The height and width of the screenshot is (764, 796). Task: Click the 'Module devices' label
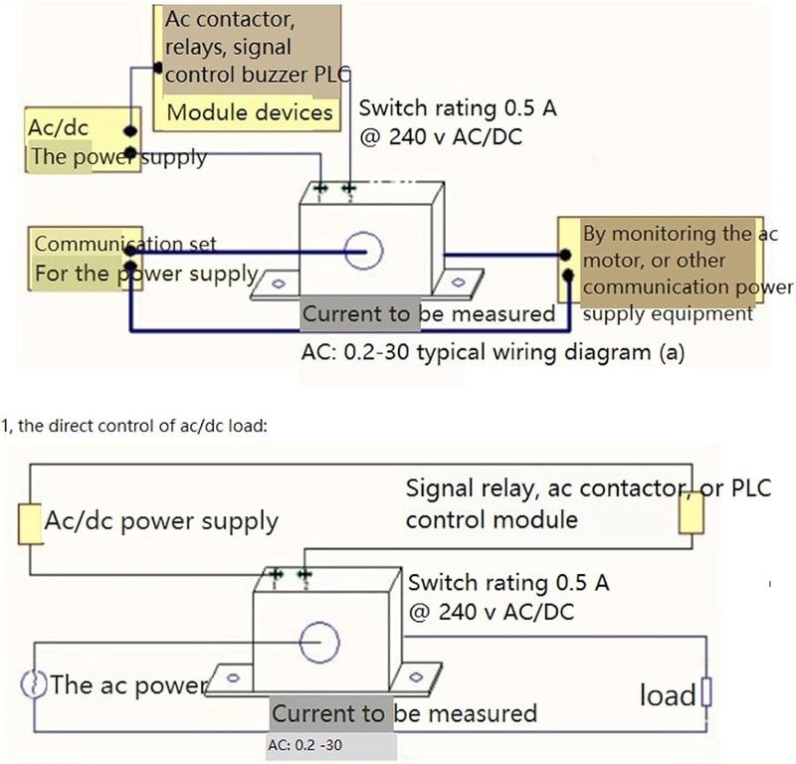[249, 111]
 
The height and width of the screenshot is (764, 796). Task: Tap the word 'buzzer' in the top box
[268, 74]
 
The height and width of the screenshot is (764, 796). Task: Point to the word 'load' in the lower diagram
[667, 694]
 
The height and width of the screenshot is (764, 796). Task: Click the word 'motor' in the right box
[612, 262]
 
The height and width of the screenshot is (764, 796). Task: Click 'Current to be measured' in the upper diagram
[428, 314]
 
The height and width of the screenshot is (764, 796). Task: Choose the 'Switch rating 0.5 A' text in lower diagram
[508, 583]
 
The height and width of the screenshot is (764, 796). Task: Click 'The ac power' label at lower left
[128, 684]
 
